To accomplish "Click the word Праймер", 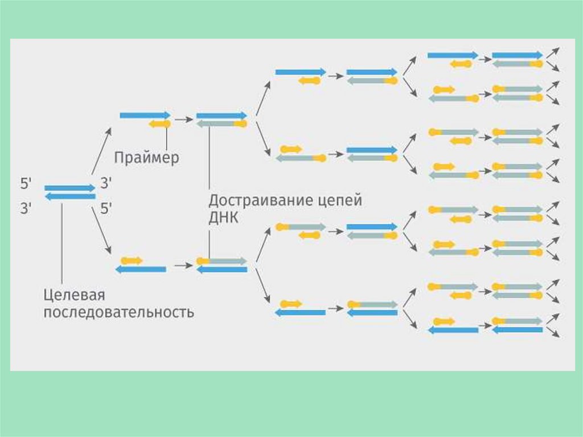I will pyautogui.click(x=146, y=157).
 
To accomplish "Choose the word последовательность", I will pyautogui.click(x=118, y=313).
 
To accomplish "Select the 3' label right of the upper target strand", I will pyautogui.click(x=106, y=183).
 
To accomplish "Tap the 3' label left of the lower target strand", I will pyautogui.click(x=27, y=209).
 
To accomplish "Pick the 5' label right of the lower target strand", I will pyautogui.click(x=106, y=209).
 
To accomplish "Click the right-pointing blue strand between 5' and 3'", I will pyautogui.click(x=69, y=187).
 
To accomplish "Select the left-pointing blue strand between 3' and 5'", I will pyautogui.click(x=69, y=197).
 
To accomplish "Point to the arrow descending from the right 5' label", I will pyautogui.click(x=101, y=231).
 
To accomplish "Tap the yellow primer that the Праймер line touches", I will pyautogui.click(x=159, y=124).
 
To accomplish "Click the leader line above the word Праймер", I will pyautogui.click(x=166, y=138).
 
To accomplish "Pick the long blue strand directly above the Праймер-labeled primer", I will pyautogui.click(x=145, y=115).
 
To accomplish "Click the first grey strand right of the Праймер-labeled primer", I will pyautogui.click(x=216, y=124).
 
